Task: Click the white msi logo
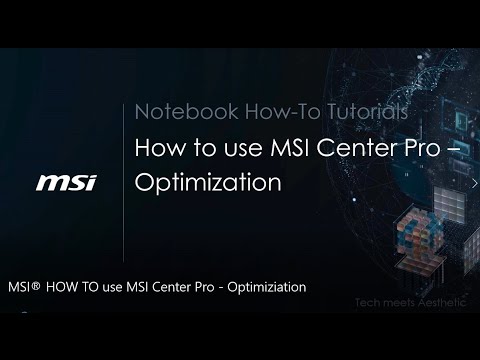[x=66, y=182]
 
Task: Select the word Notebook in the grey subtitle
[x=172, y=110]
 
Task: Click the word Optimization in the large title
[x=207, y=184]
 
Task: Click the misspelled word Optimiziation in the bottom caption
[x=267, y=287]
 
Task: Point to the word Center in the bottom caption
[x=175, y=287]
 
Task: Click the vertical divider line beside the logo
[x=124, y=180]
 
